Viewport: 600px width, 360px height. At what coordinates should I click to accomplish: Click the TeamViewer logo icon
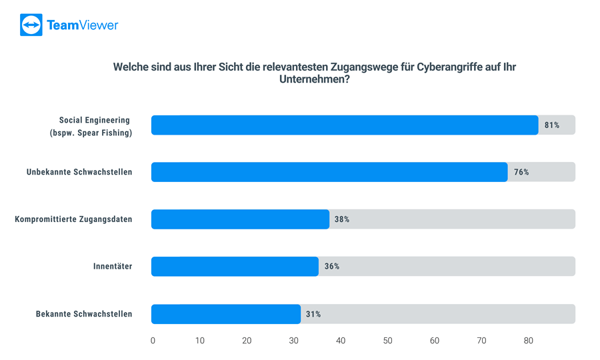31,25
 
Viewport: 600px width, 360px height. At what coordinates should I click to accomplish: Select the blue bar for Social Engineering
344,125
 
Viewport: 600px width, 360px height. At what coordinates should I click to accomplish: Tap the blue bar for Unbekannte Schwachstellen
329,172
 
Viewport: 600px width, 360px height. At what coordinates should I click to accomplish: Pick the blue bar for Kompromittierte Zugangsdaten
240,219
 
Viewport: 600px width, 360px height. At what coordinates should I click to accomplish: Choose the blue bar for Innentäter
235,267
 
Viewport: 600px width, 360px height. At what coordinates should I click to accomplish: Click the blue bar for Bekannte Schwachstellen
225,314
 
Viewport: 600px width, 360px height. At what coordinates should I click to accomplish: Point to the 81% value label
551,125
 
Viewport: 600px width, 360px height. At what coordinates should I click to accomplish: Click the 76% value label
521,172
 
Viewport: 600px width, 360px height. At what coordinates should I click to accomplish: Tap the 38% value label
342,219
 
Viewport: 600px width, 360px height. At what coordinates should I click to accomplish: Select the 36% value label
332,267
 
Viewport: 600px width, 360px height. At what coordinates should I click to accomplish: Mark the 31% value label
313,314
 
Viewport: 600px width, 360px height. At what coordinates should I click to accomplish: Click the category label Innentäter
113,267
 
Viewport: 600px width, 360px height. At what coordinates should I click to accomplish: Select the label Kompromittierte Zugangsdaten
73,219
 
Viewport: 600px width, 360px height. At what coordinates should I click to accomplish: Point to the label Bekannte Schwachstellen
84,314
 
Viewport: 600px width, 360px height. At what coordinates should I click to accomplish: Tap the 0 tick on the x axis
153,341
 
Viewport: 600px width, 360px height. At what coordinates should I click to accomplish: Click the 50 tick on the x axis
387,341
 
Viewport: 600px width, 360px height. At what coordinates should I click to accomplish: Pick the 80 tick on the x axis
529,341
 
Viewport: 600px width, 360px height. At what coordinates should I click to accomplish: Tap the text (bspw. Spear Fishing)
91,133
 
